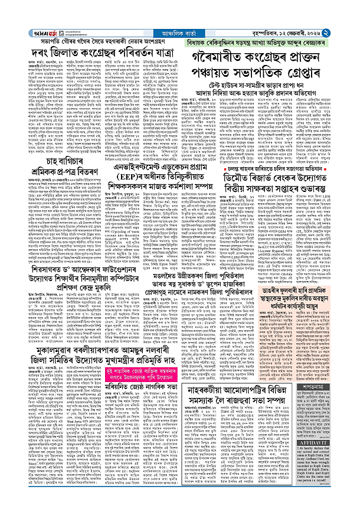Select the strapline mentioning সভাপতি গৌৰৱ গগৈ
tap(87, 26)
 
